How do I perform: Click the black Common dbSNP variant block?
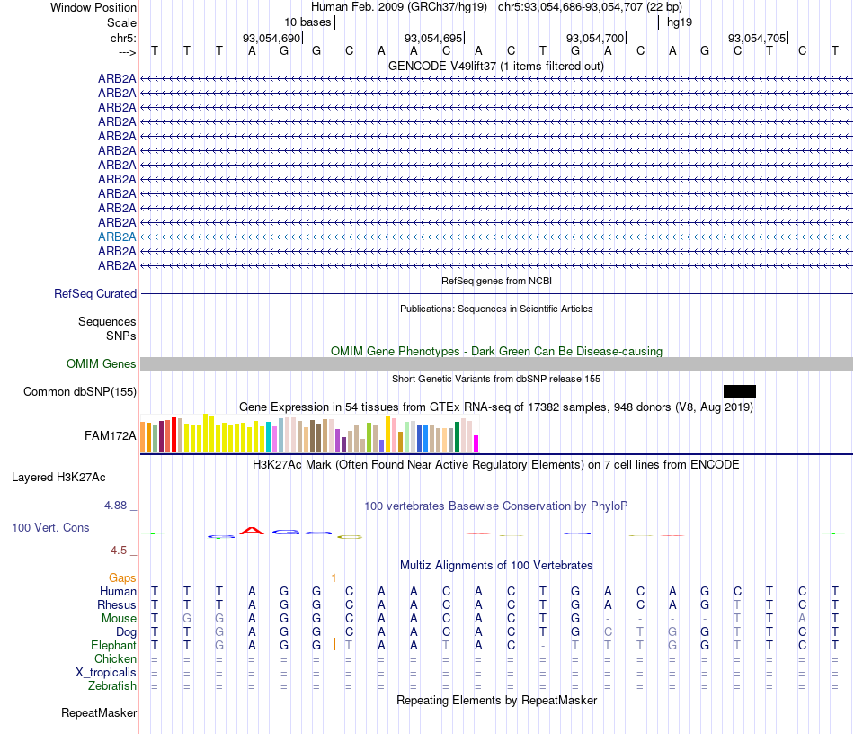[x=739, y=391]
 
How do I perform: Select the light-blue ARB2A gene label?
[x=117, y=237]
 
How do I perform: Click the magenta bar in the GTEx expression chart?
[x=476, y=443]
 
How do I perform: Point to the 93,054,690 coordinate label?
[x=271, y=39]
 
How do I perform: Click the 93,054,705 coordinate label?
[x=757, y=39]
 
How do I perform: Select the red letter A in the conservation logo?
[x=254, y=531]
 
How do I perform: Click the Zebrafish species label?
[x=113, y=686]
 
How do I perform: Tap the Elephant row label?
[x=113, y=645]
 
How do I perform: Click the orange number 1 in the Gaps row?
[x=334, y=577]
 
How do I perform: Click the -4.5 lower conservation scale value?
[x=120, y=550]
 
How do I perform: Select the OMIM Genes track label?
[x=102, y=364]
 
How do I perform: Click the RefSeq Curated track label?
[x=95, y=294]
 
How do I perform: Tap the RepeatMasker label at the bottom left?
[x=99, y=713]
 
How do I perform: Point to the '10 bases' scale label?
[x=307, y=22]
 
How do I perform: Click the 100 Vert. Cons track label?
[x=50, y=528]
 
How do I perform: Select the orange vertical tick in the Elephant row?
[x=334, y=644]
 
